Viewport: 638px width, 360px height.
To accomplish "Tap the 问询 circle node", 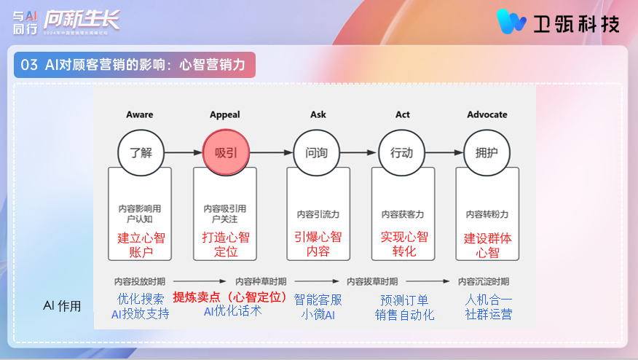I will click(316, 153).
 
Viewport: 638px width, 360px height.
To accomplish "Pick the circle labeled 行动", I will click(401, 153).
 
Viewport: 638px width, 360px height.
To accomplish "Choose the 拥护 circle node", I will click(486, 153).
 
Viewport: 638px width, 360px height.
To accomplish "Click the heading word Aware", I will click(139, 114).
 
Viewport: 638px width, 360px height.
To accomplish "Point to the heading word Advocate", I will click(487, 114).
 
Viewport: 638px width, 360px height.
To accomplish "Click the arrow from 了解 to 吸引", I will click(182, 153).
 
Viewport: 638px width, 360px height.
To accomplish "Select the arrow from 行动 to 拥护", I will click(444, 153).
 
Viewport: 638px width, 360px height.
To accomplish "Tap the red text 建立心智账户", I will click(140, 244).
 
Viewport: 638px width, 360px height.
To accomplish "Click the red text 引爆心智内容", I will click(318, 244).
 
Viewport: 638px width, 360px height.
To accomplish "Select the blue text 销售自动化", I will click(404, 315).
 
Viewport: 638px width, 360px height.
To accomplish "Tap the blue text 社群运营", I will click(489, 315).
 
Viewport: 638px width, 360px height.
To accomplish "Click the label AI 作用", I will click(63, 306).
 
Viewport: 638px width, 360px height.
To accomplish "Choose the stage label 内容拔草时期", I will click(371, 281).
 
